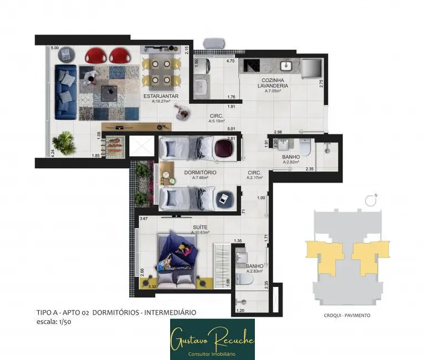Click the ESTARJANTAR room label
coord(160,96)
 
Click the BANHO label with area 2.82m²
coord(291,157)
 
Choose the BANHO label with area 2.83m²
coord(255,266)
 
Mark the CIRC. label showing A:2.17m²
coord(254,173)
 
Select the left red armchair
coord(96,55)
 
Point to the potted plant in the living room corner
coord(65,143)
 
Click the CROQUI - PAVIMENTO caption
coord(346,315)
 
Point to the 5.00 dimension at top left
coord(55,48)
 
